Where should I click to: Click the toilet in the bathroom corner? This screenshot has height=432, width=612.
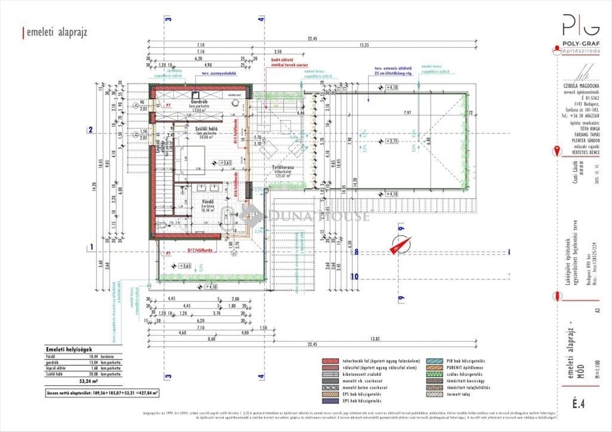point(162,224)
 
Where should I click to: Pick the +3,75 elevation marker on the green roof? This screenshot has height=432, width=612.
point(391,141)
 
